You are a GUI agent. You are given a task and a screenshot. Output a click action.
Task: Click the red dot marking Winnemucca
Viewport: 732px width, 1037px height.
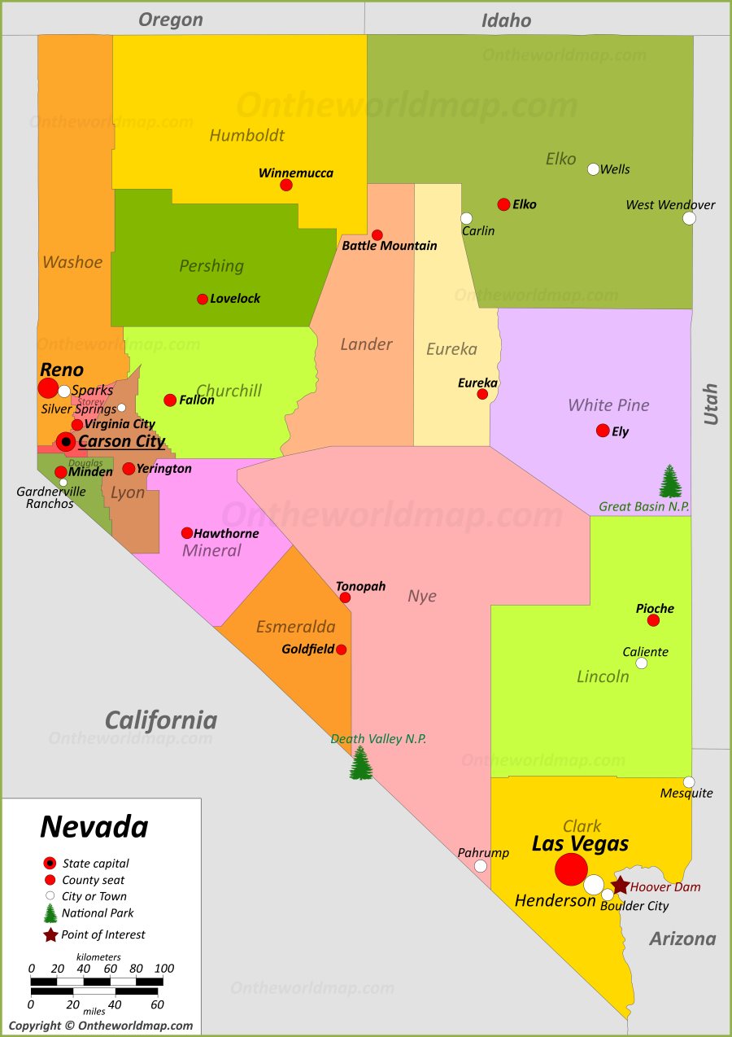point(286,185)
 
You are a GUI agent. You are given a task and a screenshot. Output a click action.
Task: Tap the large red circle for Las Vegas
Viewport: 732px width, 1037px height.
point(571,869)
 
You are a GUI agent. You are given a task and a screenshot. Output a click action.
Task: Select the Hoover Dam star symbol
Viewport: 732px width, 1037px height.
point(620,885)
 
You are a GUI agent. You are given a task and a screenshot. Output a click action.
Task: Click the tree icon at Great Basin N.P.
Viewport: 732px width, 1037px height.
point(670,481)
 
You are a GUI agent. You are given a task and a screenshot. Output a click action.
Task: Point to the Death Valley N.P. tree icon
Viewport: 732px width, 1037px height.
point(361,764)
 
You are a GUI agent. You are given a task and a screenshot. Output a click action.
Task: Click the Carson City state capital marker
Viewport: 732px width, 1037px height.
point(66,442)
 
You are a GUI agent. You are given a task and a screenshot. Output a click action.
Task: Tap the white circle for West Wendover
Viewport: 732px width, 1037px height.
point(689,218)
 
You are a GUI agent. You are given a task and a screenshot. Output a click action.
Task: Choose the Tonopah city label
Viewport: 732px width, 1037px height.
point(361,586)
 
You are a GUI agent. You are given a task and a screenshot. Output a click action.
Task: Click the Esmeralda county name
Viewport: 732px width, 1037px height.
point(296,627)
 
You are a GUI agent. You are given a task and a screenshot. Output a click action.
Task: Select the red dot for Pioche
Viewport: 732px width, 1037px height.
point(653,620)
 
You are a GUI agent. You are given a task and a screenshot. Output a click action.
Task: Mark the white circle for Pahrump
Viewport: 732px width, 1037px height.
point(481,866)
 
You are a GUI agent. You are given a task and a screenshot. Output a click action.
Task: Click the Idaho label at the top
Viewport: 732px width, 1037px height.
point(506,20)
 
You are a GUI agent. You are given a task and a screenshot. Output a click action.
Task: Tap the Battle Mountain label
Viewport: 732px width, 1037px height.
point(390,246)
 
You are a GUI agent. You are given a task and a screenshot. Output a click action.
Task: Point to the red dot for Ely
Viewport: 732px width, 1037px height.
point(603,431)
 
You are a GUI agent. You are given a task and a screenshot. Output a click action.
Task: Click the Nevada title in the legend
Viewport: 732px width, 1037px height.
point(94,827)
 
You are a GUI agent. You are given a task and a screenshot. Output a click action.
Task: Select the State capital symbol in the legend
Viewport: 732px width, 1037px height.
point(50,863)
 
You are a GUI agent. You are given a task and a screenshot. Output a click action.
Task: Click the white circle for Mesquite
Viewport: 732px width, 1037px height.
point(689,782)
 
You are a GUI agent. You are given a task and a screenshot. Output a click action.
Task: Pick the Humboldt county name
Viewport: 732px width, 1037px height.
point(247,135)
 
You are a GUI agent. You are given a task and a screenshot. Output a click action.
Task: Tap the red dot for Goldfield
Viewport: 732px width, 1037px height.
point(342,650)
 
